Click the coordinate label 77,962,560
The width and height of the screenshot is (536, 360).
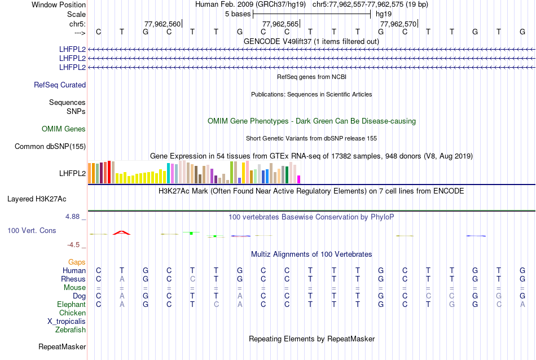tap(162, 24)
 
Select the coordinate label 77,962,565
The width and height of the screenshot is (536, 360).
tap(280, 24)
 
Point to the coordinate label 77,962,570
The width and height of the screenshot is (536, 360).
tap(398, 24)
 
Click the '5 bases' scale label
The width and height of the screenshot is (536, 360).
tap(237, 14)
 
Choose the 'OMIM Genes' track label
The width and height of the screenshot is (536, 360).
tap(64, 129)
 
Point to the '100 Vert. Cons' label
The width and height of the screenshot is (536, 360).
tap(32, 231)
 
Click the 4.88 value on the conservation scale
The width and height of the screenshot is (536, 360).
tap(74, 217)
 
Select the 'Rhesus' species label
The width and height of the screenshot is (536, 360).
tap(73, 279)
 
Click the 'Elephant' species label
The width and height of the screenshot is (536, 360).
tap(72, 304)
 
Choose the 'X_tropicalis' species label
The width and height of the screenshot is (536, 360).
tap(67, 321)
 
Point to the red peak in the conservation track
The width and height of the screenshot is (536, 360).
tap(121, 232)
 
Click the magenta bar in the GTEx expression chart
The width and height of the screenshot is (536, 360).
tap(299, 179)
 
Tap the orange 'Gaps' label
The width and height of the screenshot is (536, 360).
tap(77, 262)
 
